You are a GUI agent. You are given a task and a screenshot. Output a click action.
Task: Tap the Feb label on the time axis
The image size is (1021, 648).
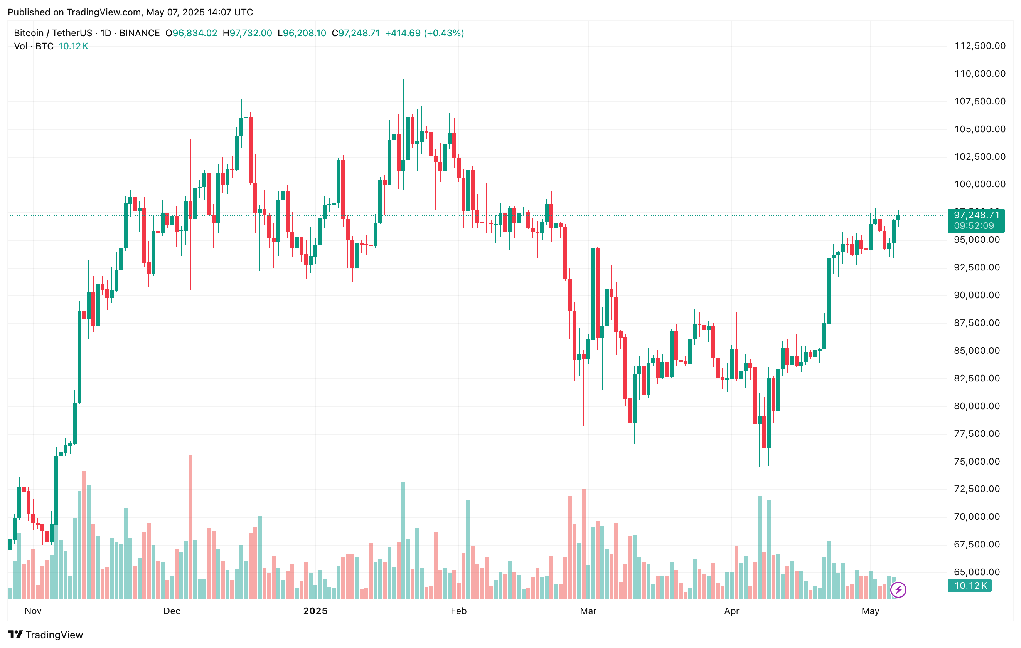458,611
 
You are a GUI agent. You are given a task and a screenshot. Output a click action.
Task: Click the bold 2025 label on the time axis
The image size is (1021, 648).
315,611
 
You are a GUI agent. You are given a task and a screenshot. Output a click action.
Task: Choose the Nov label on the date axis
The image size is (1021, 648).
33,611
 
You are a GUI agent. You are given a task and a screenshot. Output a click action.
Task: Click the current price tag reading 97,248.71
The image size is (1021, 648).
976,215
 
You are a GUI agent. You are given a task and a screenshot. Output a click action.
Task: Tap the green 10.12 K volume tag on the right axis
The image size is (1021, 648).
970,586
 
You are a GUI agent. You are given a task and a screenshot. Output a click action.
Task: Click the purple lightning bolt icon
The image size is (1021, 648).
898,589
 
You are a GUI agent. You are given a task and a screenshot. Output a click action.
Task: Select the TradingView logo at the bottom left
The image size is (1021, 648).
45,635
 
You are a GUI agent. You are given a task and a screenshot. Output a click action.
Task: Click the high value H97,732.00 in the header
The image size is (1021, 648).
247,33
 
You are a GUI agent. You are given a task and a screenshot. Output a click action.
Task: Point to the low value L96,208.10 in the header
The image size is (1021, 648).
302,33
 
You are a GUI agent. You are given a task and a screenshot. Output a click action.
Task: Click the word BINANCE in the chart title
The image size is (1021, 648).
140,33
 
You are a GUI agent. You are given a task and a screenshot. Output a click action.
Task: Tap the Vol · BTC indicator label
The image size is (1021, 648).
34,46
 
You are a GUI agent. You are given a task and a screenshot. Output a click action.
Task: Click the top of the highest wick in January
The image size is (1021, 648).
403,80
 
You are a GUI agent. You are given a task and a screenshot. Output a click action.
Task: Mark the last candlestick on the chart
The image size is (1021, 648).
898,218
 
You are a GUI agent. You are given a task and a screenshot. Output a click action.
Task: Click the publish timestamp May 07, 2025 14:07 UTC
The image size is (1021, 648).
199,12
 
